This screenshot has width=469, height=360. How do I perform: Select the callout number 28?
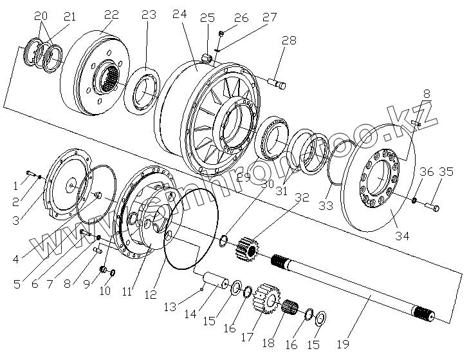(289, 41)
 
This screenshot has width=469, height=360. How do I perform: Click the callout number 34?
(401, 236)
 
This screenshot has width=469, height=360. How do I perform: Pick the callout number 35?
(446, 172)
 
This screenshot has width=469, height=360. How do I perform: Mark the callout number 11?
(127, 291)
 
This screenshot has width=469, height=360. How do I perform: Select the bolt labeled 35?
(432, 207)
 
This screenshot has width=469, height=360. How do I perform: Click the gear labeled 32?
(247, 249)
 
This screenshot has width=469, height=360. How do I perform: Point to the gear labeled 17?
(266, 300)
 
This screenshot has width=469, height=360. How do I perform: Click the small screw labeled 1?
(30, 172)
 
